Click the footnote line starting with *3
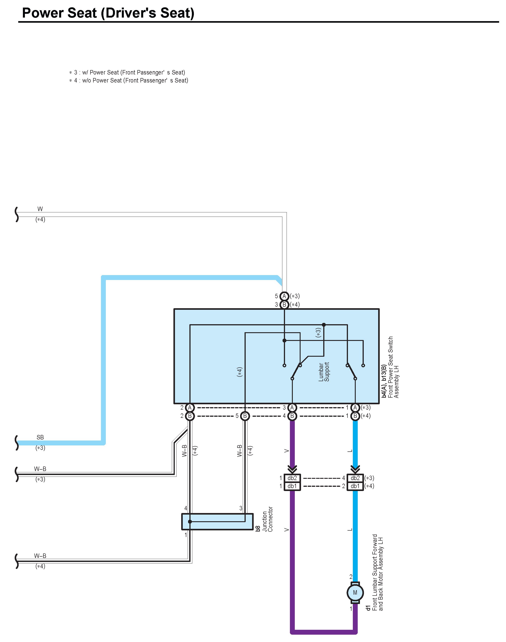pos(127,72)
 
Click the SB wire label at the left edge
pos(40,437)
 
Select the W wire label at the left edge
pos(40,209)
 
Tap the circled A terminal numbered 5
pos(284,296)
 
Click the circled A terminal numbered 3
pos(292,408)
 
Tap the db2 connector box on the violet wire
pos(292,478)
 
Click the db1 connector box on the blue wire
pos(355,486)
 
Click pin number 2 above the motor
pos(351,577)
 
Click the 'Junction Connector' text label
pos(267,519)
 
